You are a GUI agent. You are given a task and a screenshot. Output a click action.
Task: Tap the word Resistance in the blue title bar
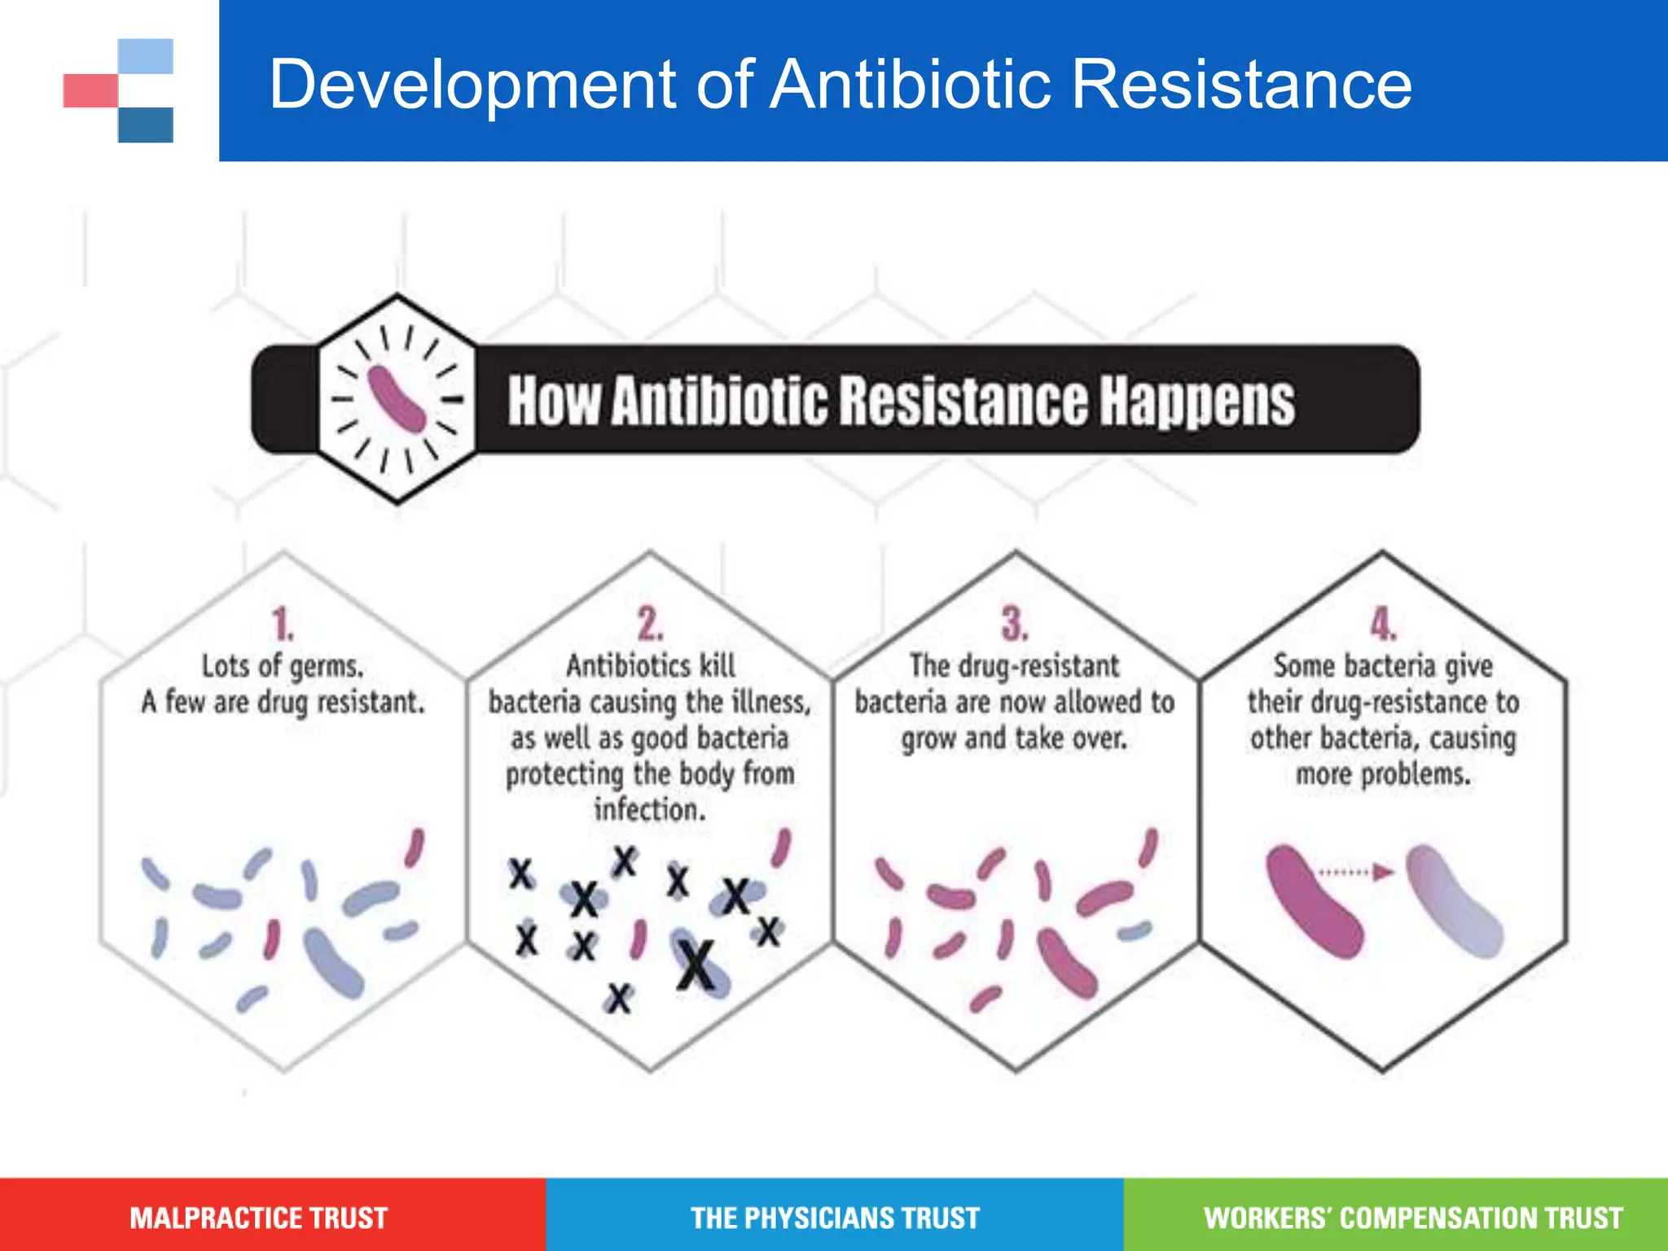(x=1241, y=84)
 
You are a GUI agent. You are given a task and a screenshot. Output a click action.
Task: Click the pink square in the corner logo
(x=90, y=90)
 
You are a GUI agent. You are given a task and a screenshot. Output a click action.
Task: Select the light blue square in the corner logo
(x=146, y=56)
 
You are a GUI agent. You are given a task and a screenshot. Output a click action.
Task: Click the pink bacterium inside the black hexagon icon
(x=397, y=398)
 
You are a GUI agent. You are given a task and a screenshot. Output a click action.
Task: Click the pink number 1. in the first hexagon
(x=283, y=625)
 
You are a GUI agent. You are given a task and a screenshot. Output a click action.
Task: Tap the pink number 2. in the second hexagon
(x=650, y=625)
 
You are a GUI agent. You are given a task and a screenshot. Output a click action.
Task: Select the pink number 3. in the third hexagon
(x=1015, y=625)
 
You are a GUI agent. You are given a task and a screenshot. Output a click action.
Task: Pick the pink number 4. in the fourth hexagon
(x=1382, y=625)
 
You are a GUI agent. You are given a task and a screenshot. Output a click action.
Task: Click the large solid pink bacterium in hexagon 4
(x=1313, y=901)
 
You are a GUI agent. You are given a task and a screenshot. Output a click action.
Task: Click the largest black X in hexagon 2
(x=696, y=965)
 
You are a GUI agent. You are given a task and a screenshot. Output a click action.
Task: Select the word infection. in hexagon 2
(x=649, y=810)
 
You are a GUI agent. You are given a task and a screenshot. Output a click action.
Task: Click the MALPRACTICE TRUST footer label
(x=259, y=1218)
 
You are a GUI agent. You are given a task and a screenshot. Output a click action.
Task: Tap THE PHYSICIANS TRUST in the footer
(x=835, y=1218)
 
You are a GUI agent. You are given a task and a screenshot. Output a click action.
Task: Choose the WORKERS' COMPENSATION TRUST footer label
(x=1413, y=1218)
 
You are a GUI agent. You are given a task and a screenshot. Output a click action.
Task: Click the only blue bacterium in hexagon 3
(x=1135, y=930)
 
